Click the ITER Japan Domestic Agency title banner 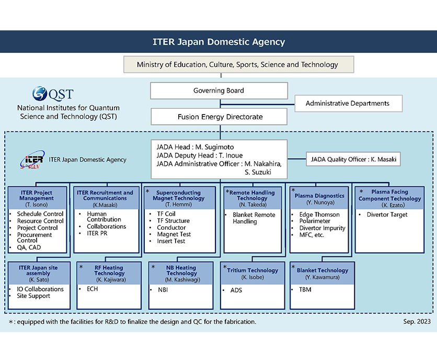[x=218, y=42]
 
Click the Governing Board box [x=218, y=91]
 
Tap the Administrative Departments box [x=347, y=103]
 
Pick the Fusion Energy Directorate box [x=218, y=116]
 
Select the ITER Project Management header [x=37, y=195]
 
